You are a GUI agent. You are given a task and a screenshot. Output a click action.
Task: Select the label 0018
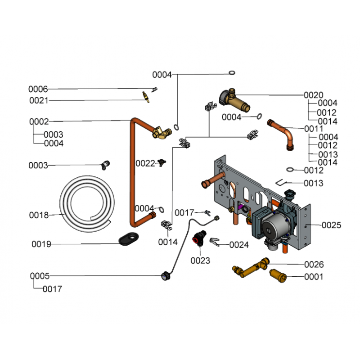(39, 216)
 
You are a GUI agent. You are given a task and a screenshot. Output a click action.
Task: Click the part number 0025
(331, 225)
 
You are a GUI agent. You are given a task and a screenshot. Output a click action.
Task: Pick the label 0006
(38, 89)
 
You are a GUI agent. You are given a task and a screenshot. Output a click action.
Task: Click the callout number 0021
(39, 100)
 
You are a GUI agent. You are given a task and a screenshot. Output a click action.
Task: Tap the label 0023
(200, 261)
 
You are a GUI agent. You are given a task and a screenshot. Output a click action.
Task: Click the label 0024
(239, 245)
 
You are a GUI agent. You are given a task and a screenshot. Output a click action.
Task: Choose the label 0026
(314, 265)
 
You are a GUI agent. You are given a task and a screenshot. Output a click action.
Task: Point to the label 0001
(314, 277)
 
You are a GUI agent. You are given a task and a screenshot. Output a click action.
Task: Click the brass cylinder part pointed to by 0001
(278, 275)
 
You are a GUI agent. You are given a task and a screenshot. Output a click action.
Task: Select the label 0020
(313, 95)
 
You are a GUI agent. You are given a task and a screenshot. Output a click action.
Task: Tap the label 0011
(313, 129)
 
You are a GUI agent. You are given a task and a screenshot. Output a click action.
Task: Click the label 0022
(145, 163)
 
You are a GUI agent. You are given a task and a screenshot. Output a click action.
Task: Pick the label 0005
(40, 276)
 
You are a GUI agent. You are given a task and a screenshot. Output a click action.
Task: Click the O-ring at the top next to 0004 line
(232, 73)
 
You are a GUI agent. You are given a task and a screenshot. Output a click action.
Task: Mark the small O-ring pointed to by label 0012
(290, 170)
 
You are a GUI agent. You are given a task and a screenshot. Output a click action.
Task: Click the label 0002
(39, 121)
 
